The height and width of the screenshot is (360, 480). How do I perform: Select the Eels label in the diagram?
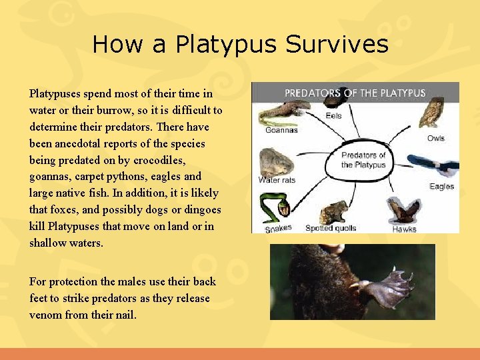click(x=333, y=115)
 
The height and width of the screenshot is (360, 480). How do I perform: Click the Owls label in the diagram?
click(x=435, y=138)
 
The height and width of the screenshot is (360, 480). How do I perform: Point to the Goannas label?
click(x=281, y=130)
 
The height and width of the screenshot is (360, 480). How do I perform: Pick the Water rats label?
click(x=277, y=180)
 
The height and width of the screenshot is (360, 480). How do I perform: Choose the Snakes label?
click(x=278, y=229)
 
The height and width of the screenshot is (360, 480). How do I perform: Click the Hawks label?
click(x=404, y=229)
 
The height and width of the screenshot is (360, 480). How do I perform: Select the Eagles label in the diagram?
click(x=441, y=187)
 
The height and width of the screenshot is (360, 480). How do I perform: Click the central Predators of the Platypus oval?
click(x=363, y=160)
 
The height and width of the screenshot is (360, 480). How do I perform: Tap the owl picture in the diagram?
click(x=432, y=113)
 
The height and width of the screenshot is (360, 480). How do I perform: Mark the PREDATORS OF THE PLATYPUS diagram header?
click(x=355, y=93)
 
